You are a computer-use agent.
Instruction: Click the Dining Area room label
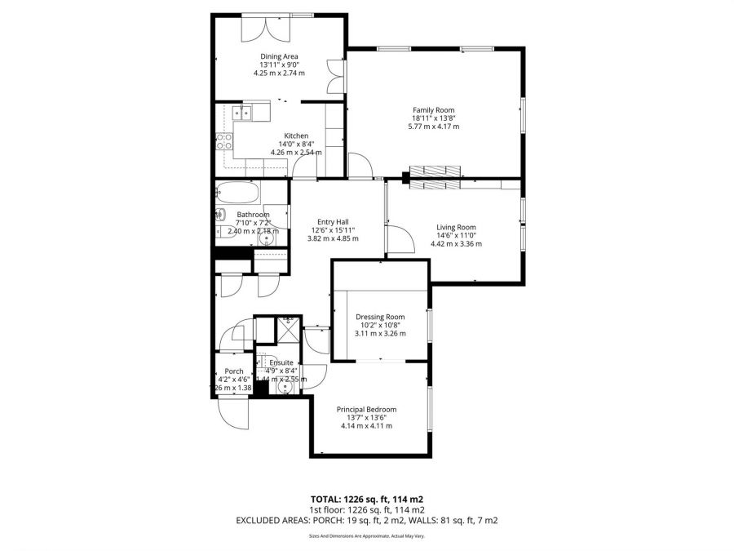click(279, 56)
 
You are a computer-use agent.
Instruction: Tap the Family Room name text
click(433, 109)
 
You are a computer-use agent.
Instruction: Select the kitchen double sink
click(243, 113)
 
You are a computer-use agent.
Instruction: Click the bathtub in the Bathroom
click(239, 195)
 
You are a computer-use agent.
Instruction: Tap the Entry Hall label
click(333, 221)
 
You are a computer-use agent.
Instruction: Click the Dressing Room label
click(380, 317)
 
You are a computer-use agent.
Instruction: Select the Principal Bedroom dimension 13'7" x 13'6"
click(365, 417)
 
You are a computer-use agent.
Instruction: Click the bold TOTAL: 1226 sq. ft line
click(366, 498)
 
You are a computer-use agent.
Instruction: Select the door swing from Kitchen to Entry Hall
click(305, 167)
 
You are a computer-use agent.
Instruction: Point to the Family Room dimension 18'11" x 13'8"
click(433, 118)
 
